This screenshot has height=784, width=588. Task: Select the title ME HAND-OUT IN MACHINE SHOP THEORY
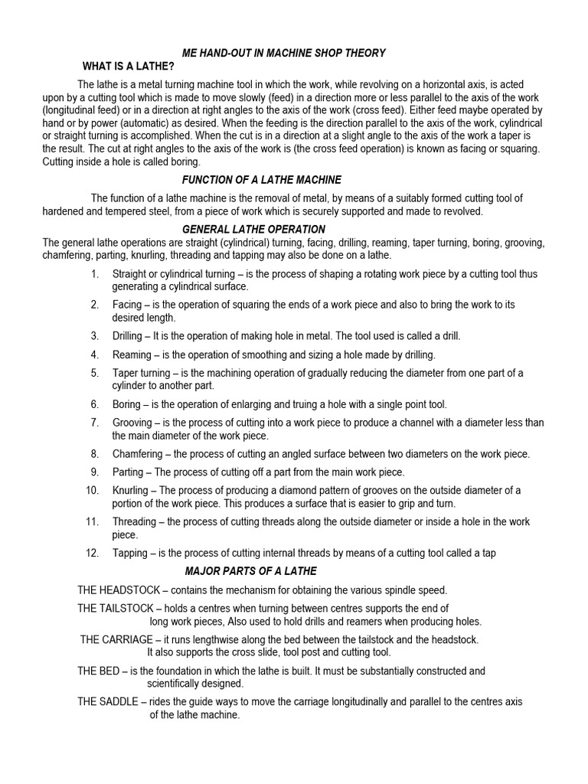[284, 53]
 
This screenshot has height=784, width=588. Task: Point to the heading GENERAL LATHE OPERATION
[253, 230]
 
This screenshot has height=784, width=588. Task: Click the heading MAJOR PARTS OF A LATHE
[251, 571]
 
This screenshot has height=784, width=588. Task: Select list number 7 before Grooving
[95, 423]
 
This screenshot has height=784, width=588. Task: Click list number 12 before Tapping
[93, 553]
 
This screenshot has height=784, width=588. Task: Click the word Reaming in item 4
[132, 354]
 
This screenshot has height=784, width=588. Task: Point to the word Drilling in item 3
[127, 336]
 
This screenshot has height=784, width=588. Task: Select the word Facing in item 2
[126, 305]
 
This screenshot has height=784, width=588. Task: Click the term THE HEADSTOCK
[119, 590]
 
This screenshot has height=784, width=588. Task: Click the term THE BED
[97, 671]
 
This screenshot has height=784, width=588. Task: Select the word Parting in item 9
[128, 472]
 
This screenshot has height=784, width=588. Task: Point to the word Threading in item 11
[134, 522]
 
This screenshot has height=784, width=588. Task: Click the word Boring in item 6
[126, 404]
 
